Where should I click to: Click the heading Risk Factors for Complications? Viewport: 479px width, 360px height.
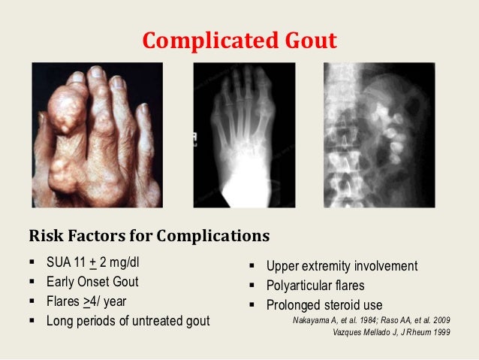149,237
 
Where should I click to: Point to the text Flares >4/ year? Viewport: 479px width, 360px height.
87,304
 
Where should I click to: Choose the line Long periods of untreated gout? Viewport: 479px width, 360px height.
128,322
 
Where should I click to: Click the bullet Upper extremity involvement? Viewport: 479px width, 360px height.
342,267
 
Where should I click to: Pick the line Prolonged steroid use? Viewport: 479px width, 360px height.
324,305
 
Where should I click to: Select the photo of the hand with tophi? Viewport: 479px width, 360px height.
97,135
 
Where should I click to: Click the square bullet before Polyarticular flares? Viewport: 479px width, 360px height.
253,286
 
